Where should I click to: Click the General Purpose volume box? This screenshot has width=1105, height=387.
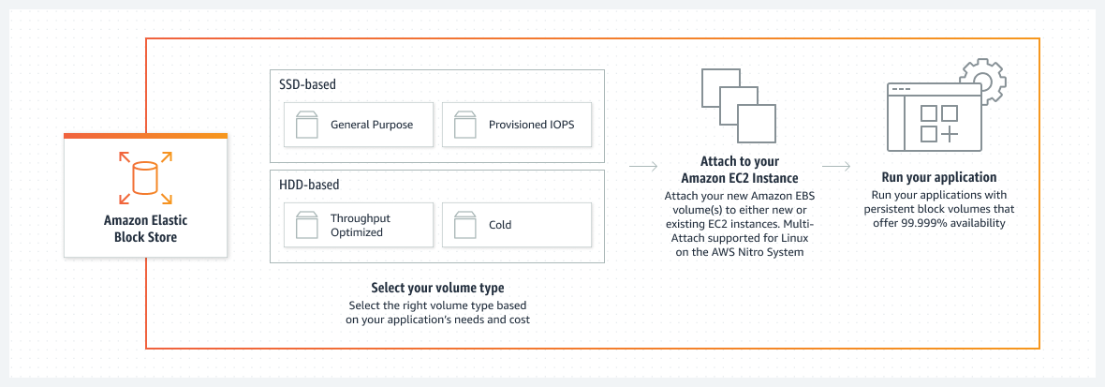pos(359,125)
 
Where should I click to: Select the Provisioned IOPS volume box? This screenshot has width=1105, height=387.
pos(516,125)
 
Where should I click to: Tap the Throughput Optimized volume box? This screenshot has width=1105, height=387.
pos(359,225)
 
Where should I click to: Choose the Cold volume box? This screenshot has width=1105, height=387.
pos(516,225)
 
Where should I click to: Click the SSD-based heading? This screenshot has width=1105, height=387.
pos(307,84)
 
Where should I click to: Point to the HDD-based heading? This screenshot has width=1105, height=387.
pos(309,185)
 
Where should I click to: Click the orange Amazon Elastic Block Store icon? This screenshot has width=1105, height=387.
pos(145,177)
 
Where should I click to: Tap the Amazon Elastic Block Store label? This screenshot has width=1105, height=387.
pos(145,230)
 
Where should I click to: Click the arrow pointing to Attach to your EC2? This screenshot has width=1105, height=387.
pos(642,168)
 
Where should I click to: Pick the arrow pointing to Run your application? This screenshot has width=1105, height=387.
pos(835,168)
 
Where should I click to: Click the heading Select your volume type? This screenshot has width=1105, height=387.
pos(437,288)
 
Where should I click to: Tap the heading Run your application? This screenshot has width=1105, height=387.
pos(939,177)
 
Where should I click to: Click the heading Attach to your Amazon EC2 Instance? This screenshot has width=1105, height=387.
pos(739,170)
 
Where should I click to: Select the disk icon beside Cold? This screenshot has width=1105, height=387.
pos(465,225)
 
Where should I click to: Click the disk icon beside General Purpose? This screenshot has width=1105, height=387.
pos(307,125)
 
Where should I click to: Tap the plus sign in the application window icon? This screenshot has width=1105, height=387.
pos(950,134)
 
